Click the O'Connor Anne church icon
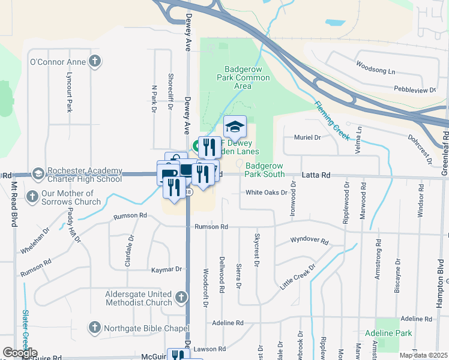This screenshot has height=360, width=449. pos(94,61)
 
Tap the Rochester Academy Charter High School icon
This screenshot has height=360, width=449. pos(38,173)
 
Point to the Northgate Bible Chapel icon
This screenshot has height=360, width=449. pos(94,327)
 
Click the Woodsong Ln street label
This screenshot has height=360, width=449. pos(375,67)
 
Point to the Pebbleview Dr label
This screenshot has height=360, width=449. pos(415,89)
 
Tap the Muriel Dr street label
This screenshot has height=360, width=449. pos(308,137)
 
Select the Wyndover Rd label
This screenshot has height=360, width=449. pos(309,241)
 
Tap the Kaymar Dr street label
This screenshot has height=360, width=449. pos(166,269)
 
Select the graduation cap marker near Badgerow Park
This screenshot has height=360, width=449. pos(235,127)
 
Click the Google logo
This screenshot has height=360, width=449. pos(20,353)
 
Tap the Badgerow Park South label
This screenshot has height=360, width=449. pos(265,170)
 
